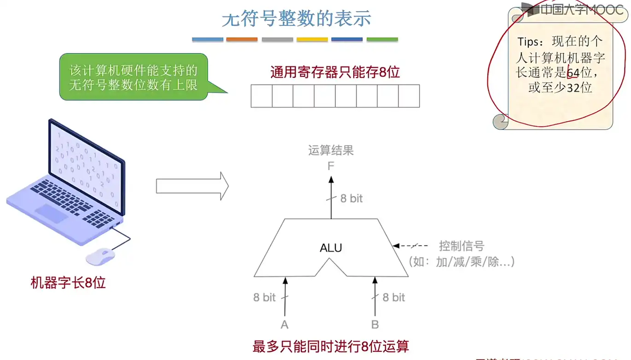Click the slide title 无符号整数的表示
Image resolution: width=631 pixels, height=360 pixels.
pyautogui.click(x=296, y=19)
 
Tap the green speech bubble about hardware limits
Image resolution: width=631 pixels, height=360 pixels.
pyautogui.click(x=134, y=77)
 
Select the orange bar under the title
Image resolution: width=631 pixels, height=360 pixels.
pyautogui.click(x=242, y=40)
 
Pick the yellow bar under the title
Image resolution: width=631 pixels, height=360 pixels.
pyautogui.click(x=312, y=40)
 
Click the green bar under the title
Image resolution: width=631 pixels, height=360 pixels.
pyautogui.click(x=382, y=40)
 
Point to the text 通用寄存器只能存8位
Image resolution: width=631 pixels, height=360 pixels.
pyautogui.click(x=335, y=72)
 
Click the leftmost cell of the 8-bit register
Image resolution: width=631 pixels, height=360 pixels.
pyautogui.click(x=262, y=96)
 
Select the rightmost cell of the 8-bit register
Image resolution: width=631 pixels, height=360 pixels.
pyautogui.click(x=409, y=96)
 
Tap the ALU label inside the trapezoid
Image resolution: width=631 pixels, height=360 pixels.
pyautogui.click(x=331, y=248)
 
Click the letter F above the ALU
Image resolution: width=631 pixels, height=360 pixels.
pyautogui.click(x=331, y=166)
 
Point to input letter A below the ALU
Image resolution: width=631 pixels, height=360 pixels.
pyautogui.click(x=285, y=325)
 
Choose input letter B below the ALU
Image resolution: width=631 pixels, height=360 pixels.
pyautogui.click(x=375, y=325)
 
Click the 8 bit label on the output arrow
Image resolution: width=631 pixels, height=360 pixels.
pyautogui.click(x=351, y=199)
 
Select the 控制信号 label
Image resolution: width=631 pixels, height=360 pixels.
pyautogui.click(x=462, y=246)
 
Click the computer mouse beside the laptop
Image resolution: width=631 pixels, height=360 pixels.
pyautogui.click(x=101, y=256)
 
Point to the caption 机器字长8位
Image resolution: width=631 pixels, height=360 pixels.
pyautogui.click(x=68, y=283)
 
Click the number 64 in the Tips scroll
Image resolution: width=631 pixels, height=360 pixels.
pyautogui.click(x=573, y=73)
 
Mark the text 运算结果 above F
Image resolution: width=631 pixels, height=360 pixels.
pyautogui.click(x=331, y=151)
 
